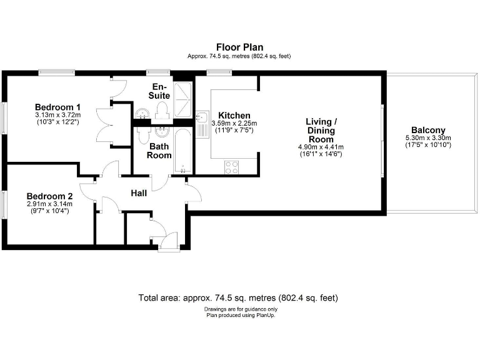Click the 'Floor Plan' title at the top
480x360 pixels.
click(x=239, y=47)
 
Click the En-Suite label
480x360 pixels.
click(x=159, y=91)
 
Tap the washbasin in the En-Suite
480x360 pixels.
click(x=142, y=112)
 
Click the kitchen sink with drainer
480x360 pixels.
click(x=203, y=123)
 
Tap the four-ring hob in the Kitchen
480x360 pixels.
click(x=231, y=167)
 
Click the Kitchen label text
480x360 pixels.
click(x=234, y=116)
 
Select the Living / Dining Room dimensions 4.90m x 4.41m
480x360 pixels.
click(x=321, y=147)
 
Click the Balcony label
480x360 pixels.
click(x=428, y=131)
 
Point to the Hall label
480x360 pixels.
click(x=139, y=194)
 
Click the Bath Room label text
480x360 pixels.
click(x=160, y=151)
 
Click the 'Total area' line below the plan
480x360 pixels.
click(x=239, y=298)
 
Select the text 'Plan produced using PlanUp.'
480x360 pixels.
click(x=241, y=315)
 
